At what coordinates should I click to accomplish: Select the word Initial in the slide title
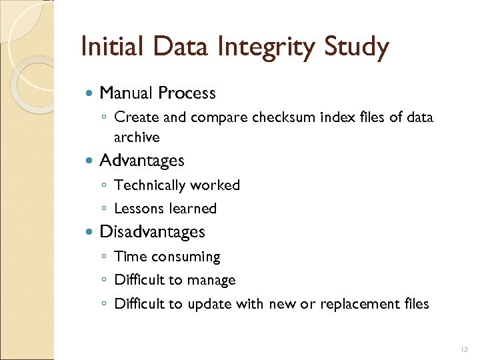111,47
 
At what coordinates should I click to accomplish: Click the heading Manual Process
157,93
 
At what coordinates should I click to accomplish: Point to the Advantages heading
141,161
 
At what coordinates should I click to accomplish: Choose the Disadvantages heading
152,232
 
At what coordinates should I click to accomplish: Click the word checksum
285,118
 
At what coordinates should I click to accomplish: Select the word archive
137,137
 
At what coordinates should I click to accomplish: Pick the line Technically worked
177,185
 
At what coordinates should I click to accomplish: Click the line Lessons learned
165,209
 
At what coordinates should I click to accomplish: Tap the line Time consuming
167,257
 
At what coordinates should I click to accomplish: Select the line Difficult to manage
175,280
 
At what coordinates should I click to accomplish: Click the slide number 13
464,349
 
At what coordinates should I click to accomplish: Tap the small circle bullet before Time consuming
105,257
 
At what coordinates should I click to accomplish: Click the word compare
219,118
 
